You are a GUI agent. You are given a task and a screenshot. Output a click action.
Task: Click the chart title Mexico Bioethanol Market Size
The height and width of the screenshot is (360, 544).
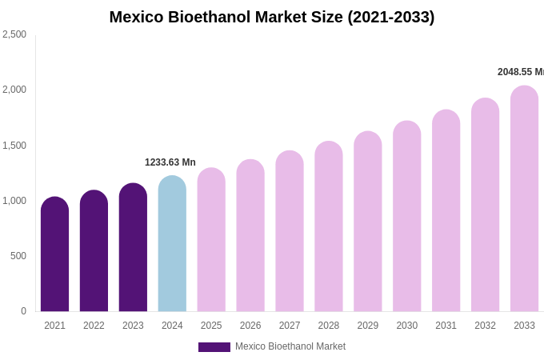[x=272, y=17]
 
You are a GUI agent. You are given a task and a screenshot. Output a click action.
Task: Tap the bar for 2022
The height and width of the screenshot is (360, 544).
[x=94, y=251]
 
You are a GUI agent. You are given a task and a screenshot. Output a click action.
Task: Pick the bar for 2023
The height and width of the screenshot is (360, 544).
[x=133, y=248]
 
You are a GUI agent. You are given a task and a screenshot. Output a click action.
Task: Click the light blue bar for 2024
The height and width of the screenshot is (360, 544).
[x=172, y=244]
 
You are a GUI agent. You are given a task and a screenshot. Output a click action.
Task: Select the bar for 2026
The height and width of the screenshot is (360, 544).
[x=250, y=236]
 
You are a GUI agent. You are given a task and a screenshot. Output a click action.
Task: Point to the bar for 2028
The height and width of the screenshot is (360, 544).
[x=329, y=227]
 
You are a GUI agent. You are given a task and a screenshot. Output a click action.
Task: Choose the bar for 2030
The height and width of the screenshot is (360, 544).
[x=407, y=217]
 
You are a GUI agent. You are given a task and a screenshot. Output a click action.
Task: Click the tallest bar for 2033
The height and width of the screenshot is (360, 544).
[x=524, y=199]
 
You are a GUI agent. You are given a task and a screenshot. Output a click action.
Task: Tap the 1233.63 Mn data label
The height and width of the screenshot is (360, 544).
[x=170, y=162]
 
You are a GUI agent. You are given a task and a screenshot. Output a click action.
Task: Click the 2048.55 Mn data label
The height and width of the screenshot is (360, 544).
[x=520, y=72]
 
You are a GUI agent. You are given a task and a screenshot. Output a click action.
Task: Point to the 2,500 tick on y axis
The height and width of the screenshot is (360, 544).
[x=14, y=34]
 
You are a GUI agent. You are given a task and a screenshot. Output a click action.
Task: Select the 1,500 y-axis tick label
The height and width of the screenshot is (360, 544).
[x=14, y=146]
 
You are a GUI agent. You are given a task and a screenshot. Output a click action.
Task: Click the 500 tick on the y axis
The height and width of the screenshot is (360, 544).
[x=18, y=256]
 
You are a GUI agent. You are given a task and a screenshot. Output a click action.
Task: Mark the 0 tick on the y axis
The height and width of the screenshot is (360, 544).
[x=23, y=311]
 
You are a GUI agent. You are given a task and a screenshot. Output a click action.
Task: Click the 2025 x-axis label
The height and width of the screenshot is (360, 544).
[x=211, y=326]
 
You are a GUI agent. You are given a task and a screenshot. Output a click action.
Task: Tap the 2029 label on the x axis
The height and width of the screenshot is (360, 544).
[x=368, y=326]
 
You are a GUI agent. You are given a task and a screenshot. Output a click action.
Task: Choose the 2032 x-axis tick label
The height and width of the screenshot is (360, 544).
[x=485, y=326]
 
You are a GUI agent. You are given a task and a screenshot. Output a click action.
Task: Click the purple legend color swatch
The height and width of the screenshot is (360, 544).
[x=214, y=347]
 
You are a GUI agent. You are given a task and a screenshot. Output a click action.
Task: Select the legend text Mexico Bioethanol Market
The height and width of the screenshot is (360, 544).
[x=290, y=346]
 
